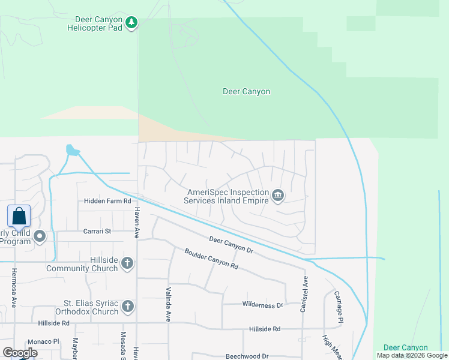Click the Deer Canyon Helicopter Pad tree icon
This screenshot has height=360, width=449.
click(131, 23)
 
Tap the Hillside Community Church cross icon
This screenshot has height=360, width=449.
click(127, 262)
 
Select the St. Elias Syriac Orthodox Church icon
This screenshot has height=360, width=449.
click(127, 307)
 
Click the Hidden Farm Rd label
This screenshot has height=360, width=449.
click(107, 202)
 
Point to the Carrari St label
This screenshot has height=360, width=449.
click(97, 231)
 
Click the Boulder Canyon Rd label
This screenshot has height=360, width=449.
click(211, 259)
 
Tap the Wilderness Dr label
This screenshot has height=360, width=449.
click(262, 305)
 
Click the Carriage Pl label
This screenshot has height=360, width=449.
click(339, 307)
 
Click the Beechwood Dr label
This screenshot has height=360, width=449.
click(247, 356)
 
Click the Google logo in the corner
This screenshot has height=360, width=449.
click(20, 352)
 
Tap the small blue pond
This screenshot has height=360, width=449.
click(72, 149)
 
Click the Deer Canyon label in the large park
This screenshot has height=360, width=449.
click(246, 92)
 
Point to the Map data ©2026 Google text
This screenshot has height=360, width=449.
click(412, 355)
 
